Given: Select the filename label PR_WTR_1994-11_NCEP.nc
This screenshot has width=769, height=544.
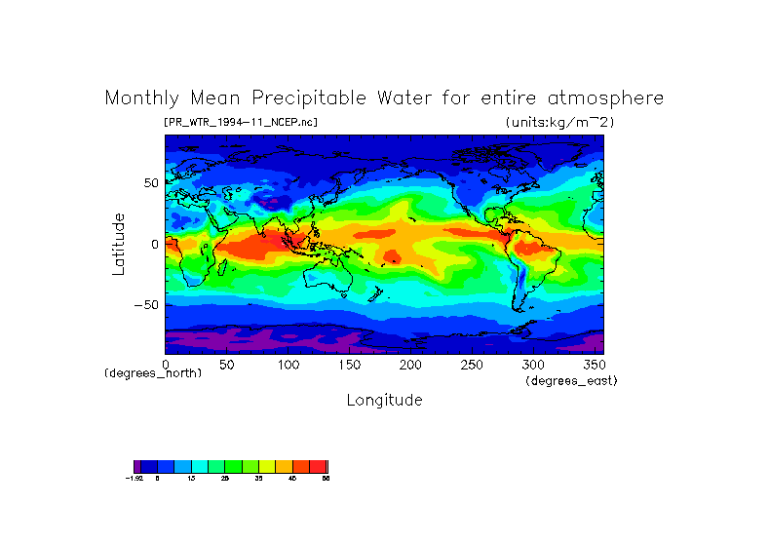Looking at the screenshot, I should (x=241, y=122).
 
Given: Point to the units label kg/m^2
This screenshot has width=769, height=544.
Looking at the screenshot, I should (x=559, y=122).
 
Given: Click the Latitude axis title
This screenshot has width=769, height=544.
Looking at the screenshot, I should (x=119, y=244).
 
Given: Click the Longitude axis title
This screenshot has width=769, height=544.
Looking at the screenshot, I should (x=384, y=400).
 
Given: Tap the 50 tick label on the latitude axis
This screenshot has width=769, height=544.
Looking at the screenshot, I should (x=151, y=183).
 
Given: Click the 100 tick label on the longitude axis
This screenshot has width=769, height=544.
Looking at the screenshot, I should (x=288, y=364).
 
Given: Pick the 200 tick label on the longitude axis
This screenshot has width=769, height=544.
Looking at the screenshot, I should (x=409, y=364).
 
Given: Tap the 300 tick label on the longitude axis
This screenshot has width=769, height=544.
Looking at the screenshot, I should (x=532, y=364).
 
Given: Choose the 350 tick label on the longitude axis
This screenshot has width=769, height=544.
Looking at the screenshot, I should (x=593, y=364).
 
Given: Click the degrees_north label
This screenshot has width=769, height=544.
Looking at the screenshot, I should (x=153, y=373).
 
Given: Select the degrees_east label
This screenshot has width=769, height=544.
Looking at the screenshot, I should (x=571, y=380).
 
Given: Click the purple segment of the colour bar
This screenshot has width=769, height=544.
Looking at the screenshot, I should (x=137, y=466).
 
